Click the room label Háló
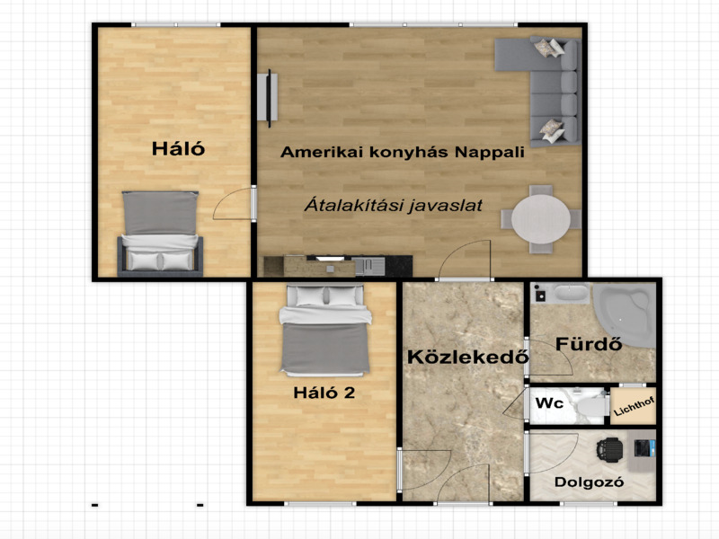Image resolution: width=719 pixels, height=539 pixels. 177,149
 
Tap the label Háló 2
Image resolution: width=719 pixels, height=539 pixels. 324,392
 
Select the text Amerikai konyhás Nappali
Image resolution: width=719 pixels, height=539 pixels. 402,153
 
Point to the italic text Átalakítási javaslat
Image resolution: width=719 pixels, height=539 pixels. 393,205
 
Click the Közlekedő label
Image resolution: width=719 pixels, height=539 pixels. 466,357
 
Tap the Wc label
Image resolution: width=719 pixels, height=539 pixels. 549,403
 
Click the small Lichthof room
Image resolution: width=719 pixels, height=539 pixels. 635,406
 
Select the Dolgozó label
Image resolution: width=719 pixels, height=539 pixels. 589,482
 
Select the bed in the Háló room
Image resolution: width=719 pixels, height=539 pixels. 160,234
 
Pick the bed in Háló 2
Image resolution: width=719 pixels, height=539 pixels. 324,331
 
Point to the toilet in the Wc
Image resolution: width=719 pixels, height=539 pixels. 590,407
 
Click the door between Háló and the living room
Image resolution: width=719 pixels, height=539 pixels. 235,205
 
